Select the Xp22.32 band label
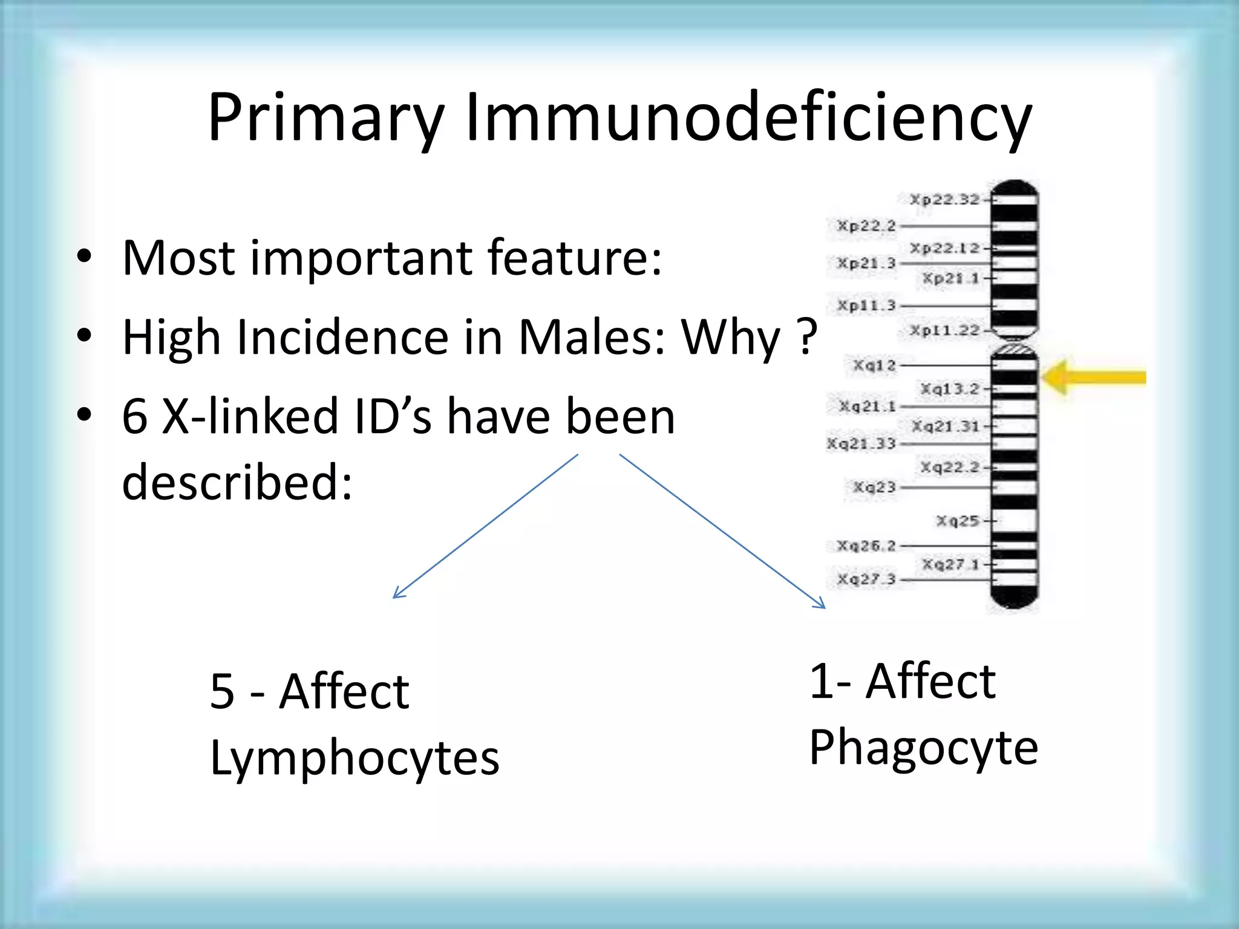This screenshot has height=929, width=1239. [x=944, y=199]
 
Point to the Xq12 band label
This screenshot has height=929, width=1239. [x=874, y=365]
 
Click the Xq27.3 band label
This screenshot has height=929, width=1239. [x=866, y=579]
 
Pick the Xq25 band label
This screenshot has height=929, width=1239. [x=957, y=521]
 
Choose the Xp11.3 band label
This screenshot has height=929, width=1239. [x=866, y=305]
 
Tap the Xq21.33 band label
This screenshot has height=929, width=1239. [x=861, y=444]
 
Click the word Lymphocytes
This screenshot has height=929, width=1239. [x=355, y=758]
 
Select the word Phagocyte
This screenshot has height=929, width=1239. [x=923, y=748]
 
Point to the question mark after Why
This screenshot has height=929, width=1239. [x=808, y=337]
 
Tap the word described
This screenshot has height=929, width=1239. [x=237, y=482]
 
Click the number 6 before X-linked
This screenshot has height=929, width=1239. [x=134, y=417]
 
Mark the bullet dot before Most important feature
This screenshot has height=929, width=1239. [x=84, y=256]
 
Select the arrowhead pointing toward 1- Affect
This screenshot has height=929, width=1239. [x=821, y=604]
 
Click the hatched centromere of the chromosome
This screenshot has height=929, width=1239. [x=1015, y=349]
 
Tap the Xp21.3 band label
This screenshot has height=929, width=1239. [x=866, y=263]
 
